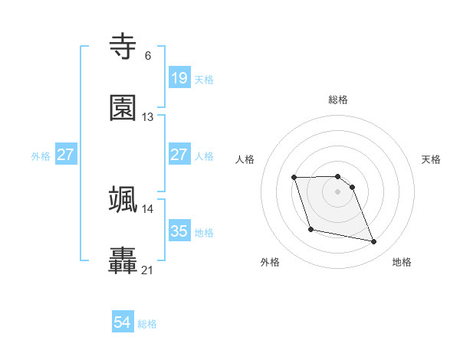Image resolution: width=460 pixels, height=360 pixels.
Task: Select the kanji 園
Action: [x=123, y=108]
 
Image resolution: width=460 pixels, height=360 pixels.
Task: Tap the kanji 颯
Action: [x=123, y=199]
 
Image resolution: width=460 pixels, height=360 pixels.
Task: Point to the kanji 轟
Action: [x=123, y=260]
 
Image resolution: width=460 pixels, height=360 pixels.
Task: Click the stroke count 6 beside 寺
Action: [x=147, y=56]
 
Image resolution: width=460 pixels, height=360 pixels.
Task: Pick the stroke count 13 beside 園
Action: [x=148, y=117]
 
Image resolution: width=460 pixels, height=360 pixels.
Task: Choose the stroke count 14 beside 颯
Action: [x=148, y=208]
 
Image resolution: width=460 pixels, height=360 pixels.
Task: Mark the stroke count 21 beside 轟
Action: [x=148, y=270]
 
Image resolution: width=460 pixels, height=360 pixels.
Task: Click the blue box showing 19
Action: [x=179, y=77]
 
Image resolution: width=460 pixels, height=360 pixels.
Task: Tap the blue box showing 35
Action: [x=179, y=231]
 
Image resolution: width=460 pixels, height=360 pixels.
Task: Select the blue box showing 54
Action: [x=123, y=322]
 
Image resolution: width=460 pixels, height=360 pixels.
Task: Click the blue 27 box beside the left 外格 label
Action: [x=66, y=154]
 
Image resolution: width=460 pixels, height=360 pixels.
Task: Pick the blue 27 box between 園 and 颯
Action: [x=179, y=154]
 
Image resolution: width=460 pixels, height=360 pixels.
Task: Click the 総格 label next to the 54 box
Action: [x=147, y=324]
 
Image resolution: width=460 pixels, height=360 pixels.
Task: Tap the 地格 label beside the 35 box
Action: [x=204, y=232]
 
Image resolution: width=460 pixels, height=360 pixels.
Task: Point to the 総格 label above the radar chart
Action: [x=338, y=100]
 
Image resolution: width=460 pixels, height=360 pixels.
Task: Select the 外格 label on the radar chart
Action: [x=270, y=262]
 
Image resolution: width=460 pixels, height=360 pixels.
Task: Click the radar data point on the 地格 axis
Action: [x=374, y=242]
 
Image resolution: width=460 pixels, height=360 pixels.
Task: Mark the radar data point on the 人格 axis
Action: [x=294, y=178]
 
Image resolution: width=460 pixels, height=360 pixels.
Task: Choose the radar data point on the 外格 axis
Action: [x=310, y=229]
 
